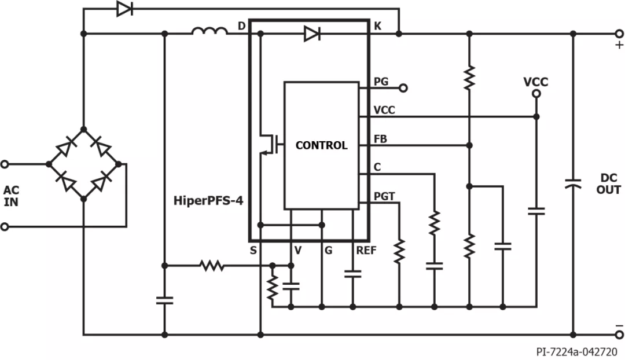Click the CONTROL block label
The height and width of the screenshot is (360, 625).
(x=321, y=145)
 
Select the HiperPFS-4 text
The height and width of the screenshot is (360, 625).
(x=208, y=200)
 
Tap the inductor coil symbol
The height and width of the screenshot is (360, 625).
(x=210, y=31)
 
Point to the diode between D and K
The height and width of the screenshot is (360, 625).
(x=312, y=34)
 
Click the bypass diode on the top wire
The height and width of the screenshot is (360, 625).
(x=124, y=8)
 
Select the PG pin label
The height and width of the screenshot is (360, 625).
(x=381, y=82)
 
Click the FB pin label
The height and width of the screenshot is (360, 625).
(x=380, y=139)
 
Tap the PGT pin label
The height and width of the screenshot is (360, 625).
(x=384, y=196)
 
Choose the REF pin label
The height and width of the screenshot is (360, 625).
(x=366, y=251)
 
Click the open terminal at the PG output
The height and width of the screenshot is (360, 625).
(x=403, y=88)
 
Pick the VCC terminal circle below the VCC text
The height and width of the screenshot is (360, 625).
(x=536, y=94)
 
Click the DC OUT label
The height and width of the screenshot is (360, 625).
(x=609, y=184)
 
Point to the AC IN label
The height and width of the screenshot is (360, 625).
(x=11, y=196)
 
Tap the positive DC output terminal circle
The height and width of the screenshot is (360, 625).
(x=619, y=34)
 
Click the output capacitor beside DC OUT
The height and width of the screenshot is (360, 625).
(x=573, y=184)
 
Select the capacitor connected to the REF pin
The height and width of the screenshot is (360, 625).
(x=353, y=274)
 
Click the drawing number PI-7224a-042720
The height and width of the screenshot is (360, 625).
(x=577, y=352)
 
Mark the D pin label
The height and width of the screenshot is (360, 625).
(x=241, y=26)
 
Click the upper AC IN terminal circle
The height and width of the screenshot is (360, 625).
(x=5, y=164)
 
